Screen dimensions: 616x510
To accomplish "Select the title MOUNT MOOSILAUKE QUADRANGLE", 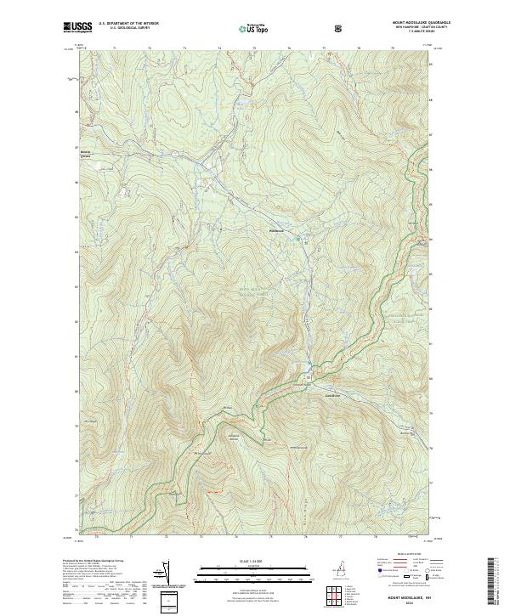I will (411, 23).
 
